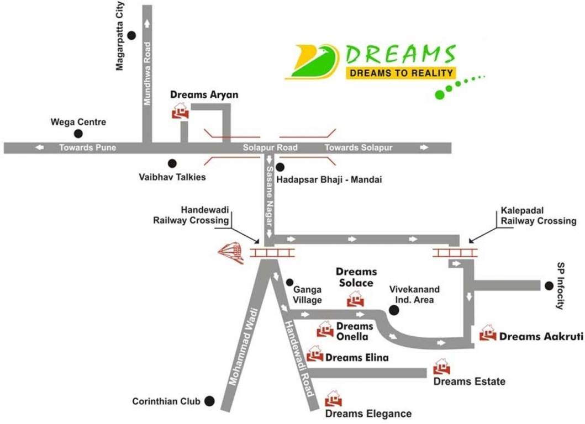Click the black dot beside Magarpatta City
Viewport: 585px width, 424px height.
131,35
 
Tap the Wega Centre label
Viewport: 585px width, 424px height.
78,122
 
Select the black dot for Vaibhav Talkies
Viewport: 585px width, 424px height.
172,163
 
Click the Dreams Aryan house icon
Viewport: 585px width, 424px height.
180,112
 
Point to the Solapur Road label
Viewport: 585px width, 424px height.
270,147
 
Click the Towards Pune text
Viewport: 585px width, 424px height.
88,147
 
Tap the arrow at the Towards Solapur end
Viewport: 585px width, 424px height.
424,147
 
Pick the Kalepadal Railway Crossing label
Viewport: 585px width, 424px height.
539,216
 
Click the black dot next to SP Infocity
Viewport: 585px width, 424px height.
549,285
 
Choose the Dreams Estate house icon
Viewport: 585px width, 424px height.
441,367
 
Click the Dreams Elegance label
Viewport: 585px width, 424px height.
368,414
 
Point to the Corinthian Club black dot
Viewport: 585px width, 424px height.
209,401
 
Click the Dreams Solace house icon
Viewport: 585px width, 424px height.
355,299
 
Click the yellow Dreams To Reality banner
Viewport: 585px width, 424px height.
400,73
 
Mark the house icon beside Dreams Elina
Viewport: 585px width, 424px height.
315,353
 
